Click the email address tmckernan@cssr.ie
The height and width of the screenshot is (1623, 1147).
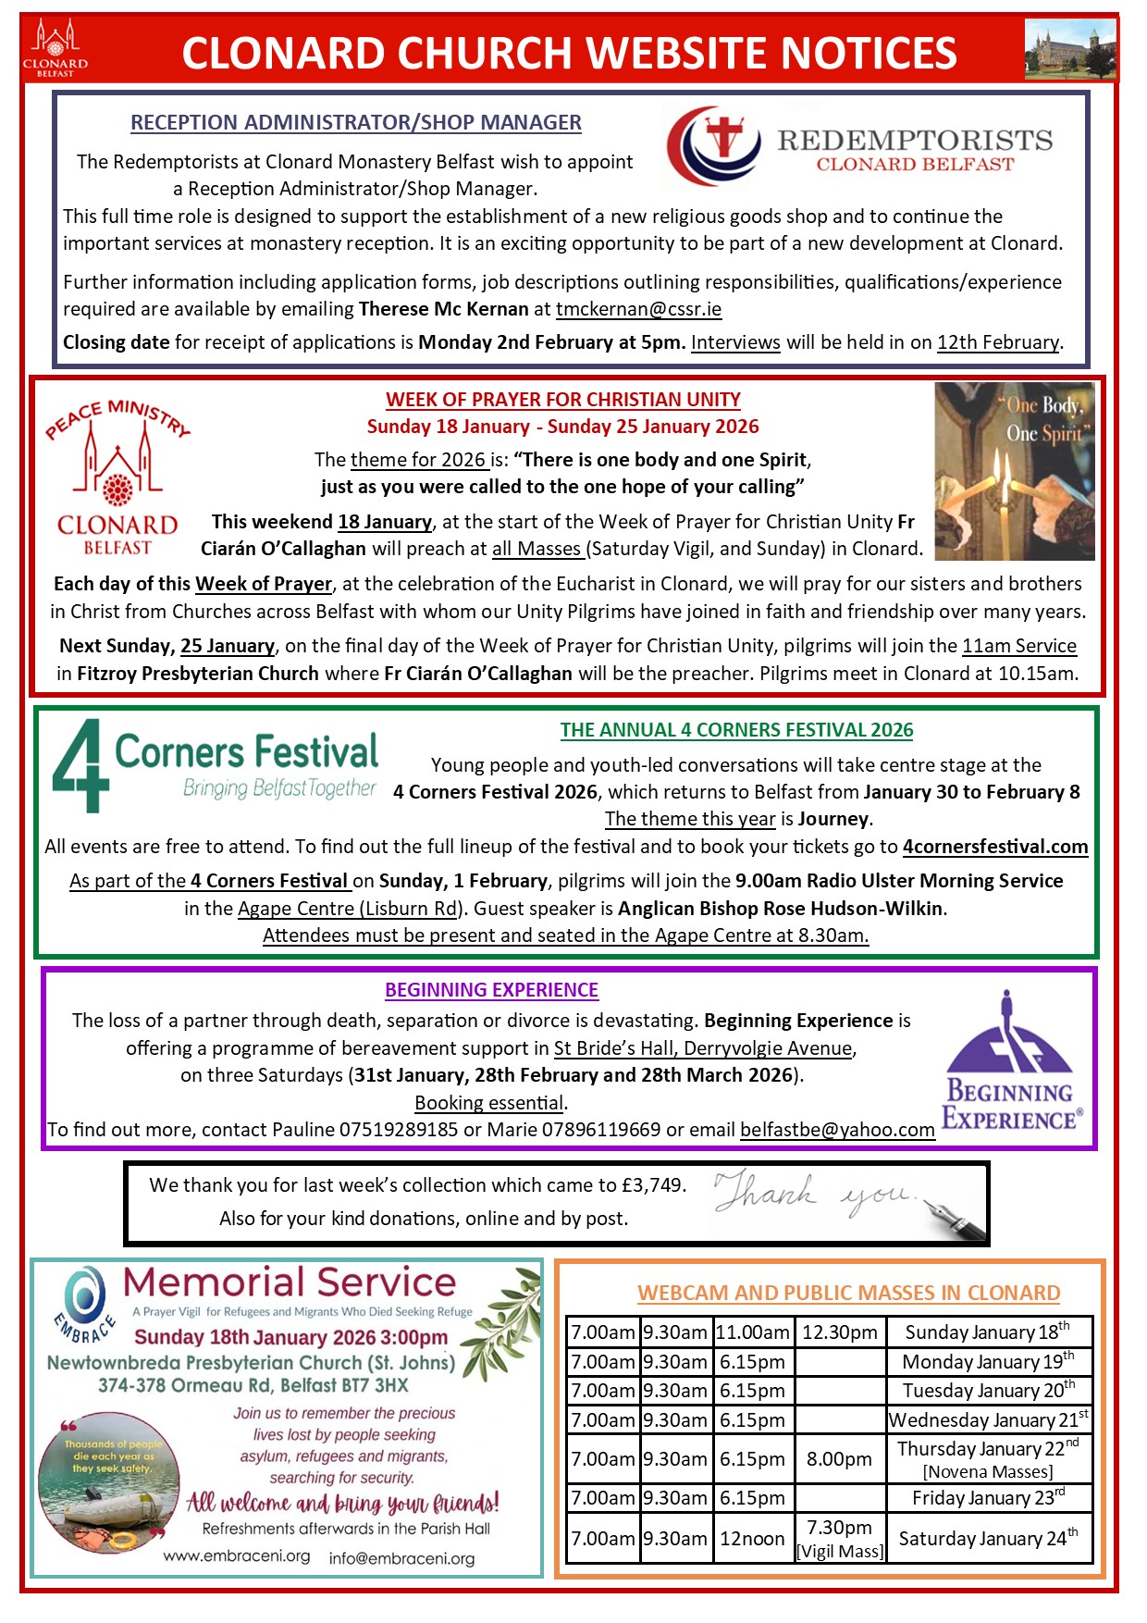coord(638,309)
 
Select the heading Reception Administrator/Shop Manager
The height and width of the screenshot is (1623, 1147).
coord(355,122)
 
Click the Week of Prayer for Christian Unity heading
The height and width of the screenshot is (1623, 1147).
coord(562,400)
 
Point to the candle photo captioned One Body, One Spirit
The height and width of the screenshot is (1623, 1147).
coord(1014,471)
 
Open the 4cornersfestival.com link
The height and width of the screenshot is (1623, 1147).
coord(994,847)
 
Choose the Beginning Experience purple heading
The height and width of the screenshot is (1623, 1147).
coord(491,990)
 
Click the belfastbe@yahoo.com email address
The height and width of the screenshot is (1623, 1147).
coord(837,1130)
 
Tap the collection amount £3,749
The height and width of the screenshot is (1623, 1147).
coord(652,1185)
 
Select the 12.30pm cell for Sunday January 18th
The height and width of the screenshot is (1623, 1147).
coord(839,1332)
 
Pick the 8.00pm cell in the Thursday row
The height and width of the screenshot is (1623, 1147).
coord(839,1459)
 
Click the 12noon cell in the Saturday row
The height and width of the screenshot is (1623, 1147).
coord(752,1539)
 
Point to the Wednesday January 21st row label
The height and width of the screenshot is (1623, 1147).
coord(988,1419)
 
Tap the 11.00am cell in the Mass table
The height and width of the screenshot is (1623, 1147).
coord(752,1332)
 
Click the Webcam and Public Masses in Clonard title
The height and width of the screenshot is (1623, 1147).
coord(848,1293)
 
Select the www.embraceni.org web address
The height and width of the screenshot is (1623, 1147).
coord(237,1556)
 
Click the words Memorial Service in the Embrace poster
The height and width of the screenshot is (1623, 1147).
coord(290,1283)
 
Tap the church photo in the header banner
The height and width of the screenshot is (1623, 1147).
coord(1070,50)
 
